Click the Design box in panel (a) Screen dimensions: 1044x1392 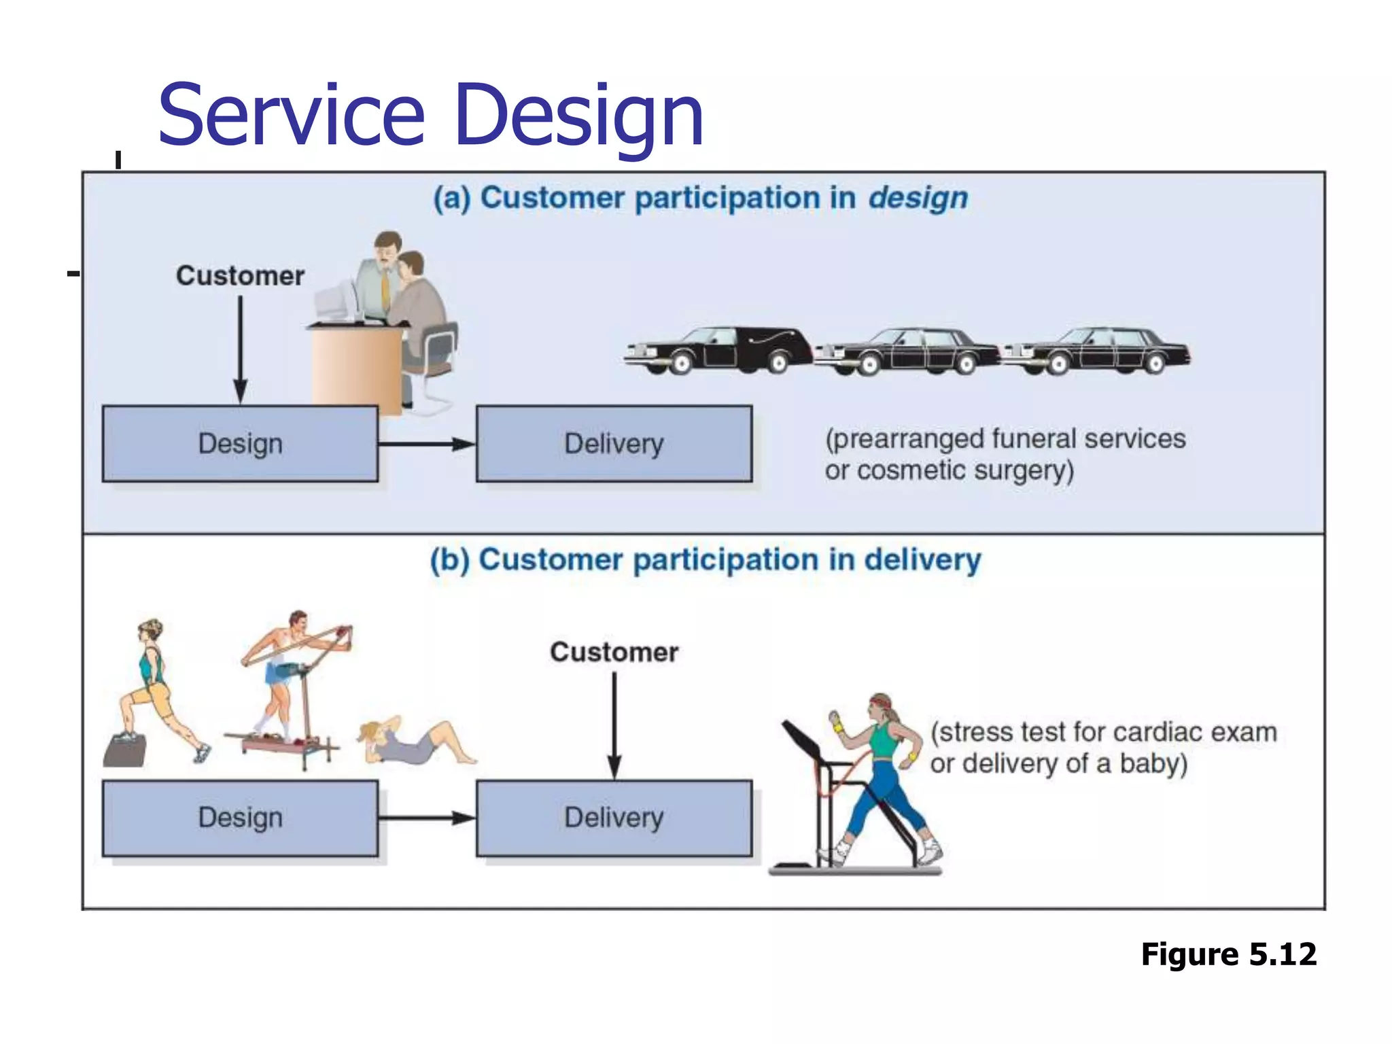point(240,444)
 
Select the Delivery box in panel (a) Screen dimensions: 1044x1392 point(614,444)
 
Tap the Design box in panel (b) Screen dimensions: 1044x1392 point(240,818)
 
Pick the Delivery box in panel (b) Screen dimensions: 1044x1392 point(614,818)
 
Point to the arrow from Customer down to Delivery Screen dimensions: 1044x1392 point(614,724)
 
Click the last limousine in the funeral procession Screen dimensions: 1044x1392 point(1096,351)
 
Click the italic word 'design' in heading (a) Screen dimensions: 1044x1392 point(918,198)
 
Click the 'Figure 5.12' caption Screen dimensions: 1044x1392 point(1228,954)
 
